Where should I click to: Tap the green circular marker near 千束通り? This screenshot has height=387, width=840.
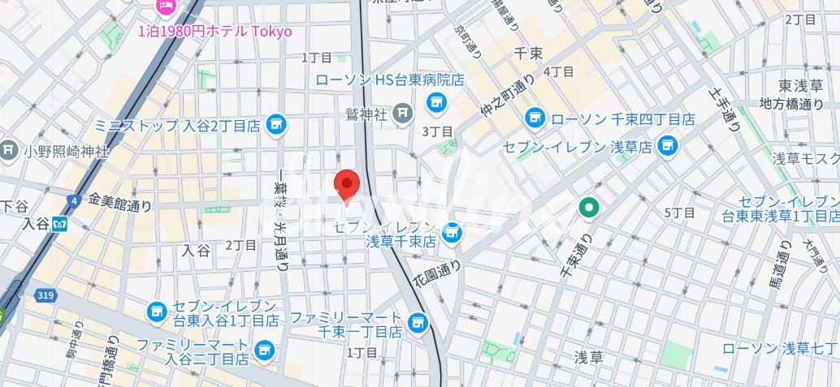pyautogui.click(x=589, y=209)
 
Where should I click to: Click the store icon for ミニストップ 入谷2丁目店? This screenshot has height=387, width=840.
pyautogui.click(x=277, y=124)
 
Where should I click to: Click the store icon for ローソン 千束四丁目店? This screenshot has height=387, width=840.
pyautogui.click(x=535, y=118)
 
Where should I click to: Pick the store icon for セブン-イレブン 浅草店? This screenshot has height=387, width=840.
pyautogui.click(x=667, y=146)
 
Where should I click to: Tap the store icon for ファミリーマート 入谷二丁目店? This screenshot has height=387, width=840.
pyautogui.click(x=262, y=350)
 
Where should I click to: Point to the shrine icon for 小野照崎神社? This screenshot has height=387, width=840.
pyautogui.click(x=9, y=150)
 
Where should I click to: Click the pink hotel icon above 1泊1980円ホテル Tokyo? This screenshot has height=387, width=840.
pyautogui.click(x=166, y=6)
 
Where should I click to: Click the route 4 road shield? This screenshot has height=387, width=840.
pyautogui.click(x=74, y=200)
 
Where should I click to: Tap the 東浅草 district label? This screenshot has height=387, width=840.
pyautogui.click(x=801, y=85)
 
